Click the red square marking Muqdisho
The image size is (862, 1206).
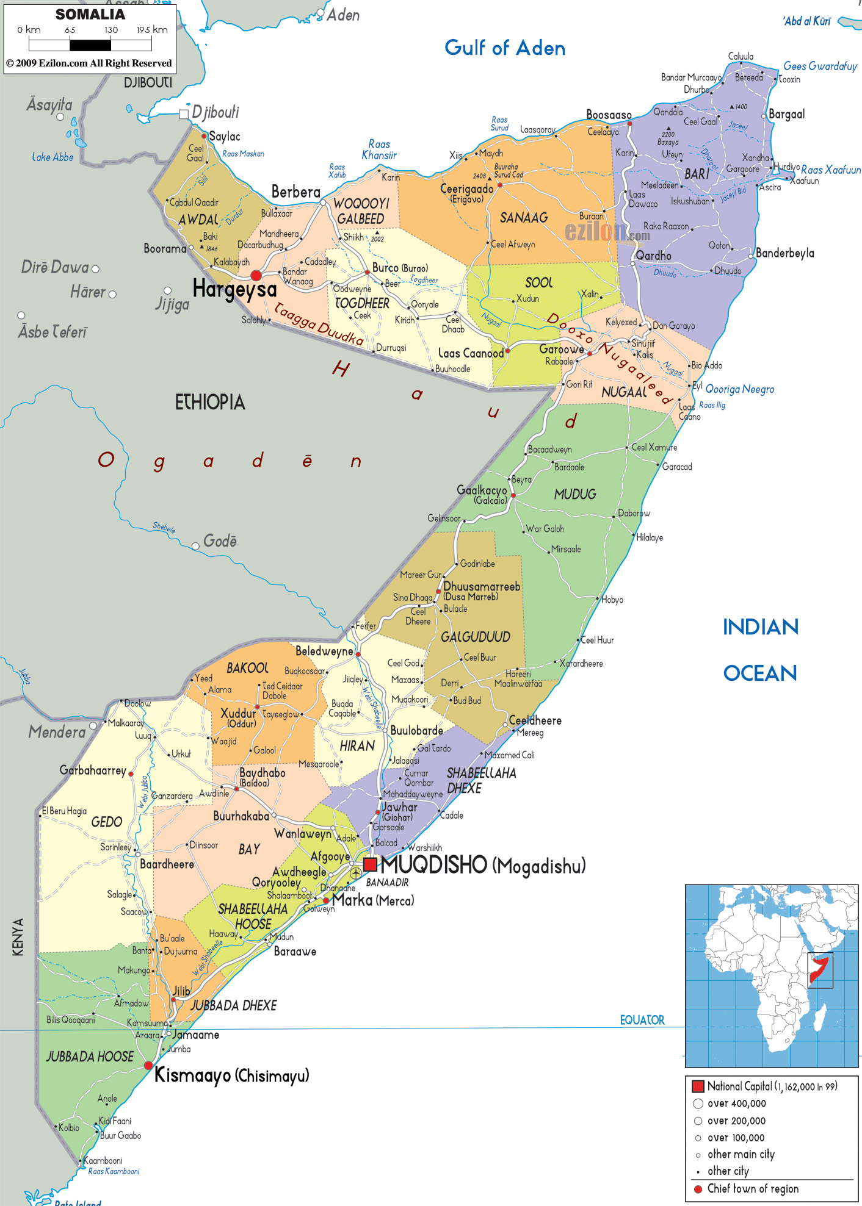pyautogui.click(x=370, y=864)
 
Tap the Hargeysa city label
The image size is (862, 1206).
pyautogui.click(x=234, y=289)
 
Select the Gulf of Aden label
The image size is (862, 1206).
pyautogui.click(x=504, y=48)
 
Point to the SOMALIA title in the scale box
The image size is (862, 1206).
pyautogui.click(x=90, y=15)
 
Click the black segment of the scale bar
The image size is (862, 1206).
pyautogui.click(x=90, y=45)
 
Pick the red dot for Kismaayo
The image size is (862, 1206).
pyautogui.click(x=148, y=1065)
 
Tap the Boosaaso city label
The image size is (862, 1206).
pyautogui.click(x=608, y=115)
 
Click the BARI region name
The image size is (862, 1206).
pyautogui.click(x=697, y=174)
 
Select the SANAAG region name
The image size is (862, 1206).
pyautogui.click(x=523, y=218)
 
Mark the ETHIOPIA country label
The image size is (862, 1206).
pyautogui.click(x=210, y=402)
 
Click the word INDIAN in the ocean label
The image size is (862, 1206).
pyautogui.click(x=760, y=627)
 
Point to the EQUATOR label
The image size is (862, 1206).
pyautogui.click(x=642, y=1020)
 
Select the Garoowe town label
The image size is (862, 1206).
pyautogui.click(x=561, y=349)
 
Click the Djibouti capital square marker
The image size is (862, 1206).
pyautogui.click(x=184, y=114)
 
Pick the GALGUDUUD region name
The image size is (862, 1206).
pyautogui.click(x=475, y=637)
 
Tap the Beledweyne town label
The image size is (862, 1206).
pyautogui.click(x=324, y=651)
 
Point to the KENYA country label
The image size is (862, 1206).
pyautogui.click(x=18, y=936)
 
